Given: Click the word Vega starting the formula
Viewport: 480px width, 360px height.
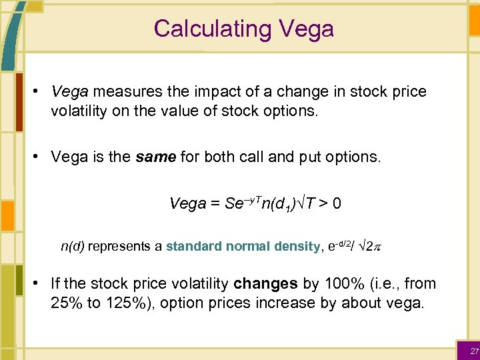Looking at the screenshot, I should click(187, 203).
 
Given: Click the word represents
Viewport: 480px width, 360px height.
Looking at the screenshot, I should click(120, 247).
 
